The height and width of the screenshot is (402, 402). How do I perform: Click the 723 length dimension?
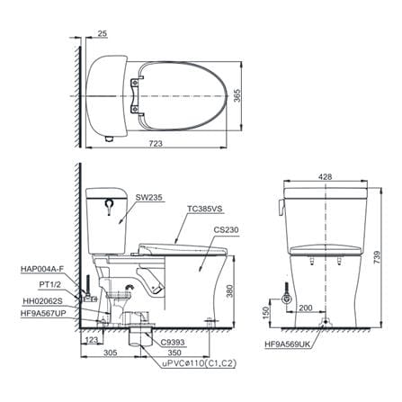pyautogui.click(x=156, y=144)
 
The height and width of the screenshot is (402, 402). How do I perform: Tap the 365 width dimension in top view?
pyautogui.click(x=237, y=95)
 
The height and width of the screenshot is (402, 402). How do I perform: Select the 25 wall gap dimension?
pyautogui.click(x=103, y=33)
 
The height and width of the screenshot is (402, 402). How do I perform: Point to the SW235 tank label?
pyautogui.click(x=148, y=197)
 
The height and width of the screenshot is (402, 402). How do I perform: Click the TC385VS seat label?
pyautogui.click(x=205, y=209)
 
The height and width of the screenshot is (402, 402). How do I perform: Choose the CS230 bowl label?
pyautogui.click(x=226, y=229)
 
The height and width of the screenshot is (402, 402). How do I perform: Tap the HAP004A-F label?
pyautogui.click(x=42, y=269)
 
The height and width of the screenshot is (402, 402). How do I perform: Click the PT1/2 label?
pyautogui.click(x=50, y=284)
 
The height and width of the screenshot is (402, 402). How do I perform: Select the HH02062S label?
pyautogui.click(x=43, y=300)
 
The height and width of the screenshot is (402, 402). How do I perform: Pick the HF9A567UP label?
pyautogui.click(x=43, y=313)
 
